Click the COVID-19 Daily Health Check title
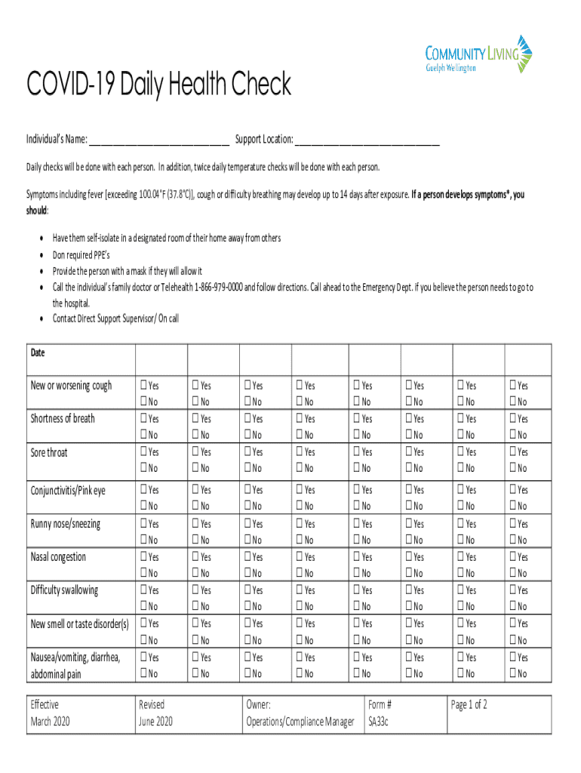tap(158, 85)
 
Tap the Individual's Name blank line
tap(159, 140)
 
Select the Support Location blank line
tap(367, 140)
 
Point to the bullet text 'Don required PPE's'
tap(81, 254)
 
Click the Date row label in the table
tap(38, 353)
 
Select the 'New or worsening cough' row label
tap(71, 386)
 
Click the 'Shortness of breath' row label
tap(63, 419)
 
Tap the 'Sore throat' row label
tap(49, 452)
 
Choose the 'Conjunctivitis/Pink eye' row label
tap(68, 491)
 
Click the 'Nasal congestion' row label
tap(58, 557)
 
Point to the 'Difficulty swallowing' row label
tap(64, 590)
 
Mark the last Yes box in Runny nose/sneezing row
tap(514, 524)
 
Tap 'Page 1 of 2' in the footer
tap(469, 705)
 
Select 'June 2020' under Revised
tap(155, 722)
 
